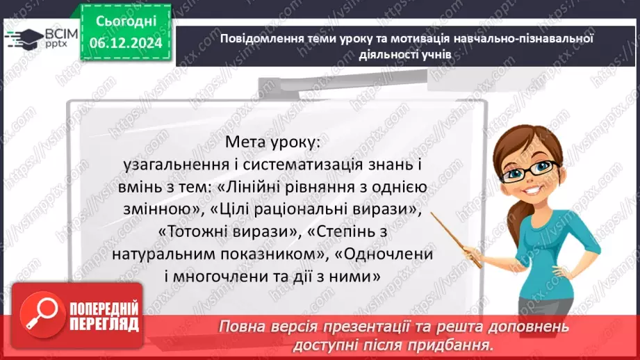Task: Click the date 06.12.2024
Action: (x=126, y=43)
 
